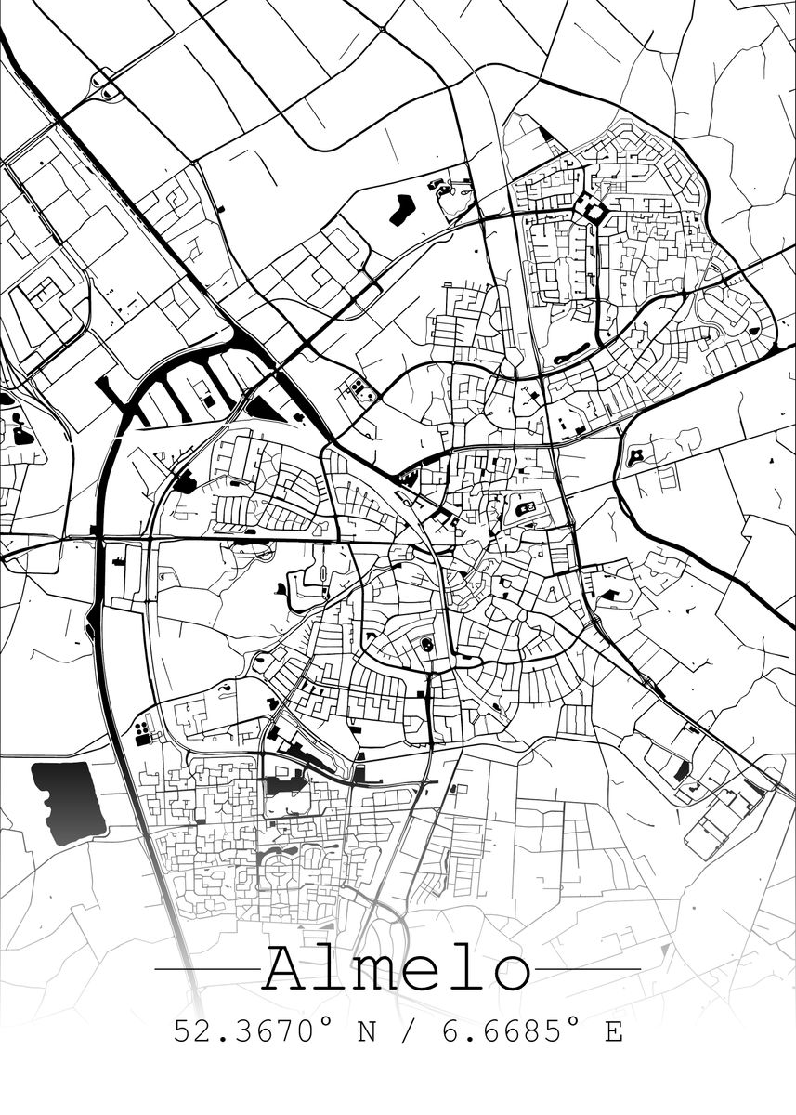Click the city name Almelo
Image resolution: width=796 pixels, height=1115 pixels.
pyautogui.click(x=397, y=970)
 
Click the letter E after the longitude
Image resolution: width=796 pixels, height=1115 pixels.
pyautogui.click(x=614, y=1031)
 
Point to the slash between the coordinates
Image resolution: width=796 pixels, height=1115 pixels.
pyautogui.click(x=402, y=1031)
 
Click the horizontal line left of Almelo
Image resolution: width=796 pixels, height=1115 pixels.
pyautogui.click(x=206, y=969)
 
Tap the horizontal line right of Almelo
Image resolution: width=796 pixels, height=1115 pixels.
pyautogui.click(x=588, y=969)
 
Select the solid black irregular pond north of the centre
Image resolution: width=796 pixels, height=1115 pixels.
pyautogui.click(x=403, y=209)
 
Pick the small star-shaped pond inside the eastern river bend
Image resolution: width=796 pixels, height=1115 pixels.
pyautogui.click(x=638, y=455)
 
